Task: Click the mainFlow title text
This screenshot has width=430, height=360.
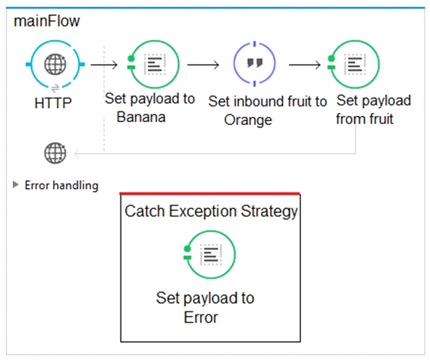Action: pos(46,20)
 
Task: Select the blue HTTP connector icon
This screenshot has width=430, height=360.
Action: pos(55,64)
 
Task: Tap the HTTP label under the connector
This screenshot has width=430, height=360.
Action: pos(53,103)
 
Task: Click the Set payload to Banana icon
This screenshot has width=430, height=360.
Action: pos(153,64)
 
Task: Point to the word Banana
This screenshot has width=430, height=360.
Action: pos(141,117)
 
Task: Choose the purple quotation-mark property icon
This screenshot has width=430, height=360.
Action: pos(255,64)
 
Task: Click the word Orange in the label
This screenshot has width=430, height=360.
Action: pos(248,120)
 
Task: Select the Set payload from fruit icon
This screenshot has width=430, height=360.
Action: pos(353,64)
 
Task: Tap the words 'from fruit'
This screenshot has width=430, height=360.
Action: pos(365,119)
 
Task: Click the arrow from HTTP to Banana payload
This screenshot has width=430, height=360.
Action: pos(104,65)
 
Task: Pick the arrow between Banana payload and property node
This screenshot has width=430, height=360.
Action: pos(203,65)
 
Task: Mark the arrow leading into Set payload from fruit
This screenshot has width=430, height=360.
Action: pos(305,65)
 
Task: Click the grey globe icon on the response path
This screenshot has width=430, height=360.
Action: pos(55,153)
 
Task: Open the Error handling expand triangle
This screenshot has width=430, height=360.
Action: pos(16,185)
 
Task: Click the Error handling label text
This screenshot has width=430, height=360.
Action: pos(61,186)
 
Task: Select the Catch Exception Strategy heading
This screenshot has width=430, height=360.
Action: pos(211,211)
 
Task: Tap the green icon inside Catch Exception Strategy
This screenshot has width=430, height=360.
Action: pos(209,255)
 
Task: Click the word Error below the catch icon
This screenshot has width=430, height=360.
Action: pos(201,318)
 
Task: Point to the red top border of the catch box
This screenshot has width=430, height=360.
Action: pos(210,194)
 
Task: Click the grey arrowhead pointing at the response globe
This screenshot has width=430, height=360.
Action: pos(77,153)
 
